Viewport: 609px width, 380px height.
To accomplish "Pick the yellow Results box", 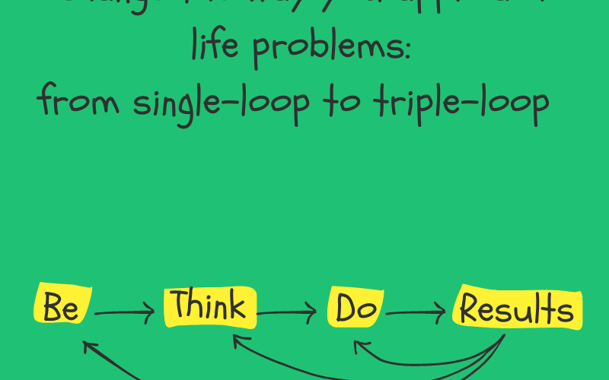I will coord(517,308).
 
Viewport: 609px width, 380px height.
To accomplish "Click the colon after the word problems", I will coord(407,52).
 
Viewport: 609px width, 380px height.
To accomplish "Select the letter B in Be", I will coord(52,306).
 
